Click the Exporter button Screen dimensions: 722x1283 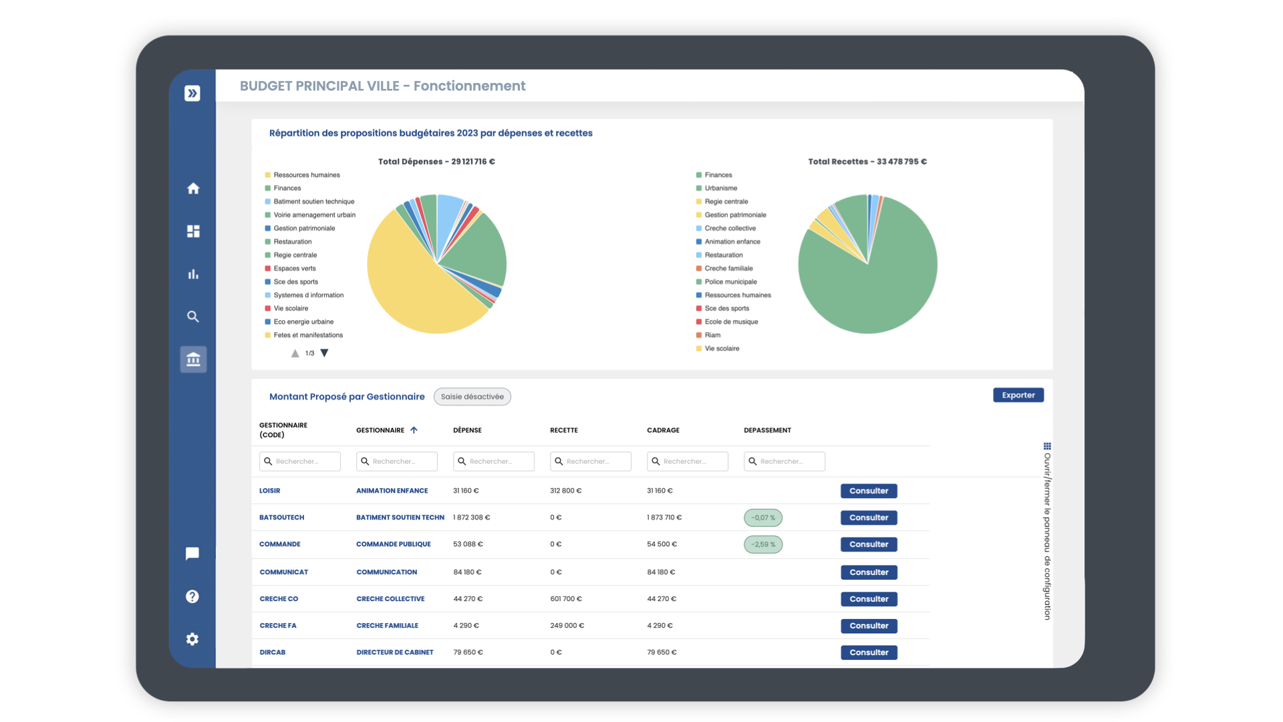[x=1018, y=395]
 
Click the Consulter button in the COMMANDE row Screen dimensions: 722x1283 [x=868, y=544]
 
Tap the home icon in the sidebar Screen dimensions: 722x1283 [x=193, y=189]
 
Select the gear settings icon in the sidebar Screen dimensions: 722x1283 [x=192, y=639]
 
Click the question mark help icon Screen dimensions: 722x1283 [x=192, y=596]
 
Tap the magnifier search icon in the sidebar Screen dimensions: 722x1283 [x=193, y=317]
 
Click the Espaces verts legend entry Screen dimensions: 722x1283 [x=294, y=268]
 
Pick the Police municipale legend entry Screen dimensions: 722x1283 [x=730, y=281]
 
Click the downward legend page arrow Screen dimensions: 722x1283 [x=324, y=353]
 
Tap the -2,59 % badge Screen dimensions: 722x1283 [x=762, y=544]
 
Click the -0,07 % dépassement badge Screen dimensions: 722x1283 [x=762, y=517]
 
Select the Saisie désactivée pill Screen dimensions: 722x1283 [x=472, y=396]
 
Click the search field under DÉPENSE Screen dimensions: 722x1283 [x=493, y=461]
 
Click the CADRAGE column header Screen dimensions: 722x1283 [x=663, y=430]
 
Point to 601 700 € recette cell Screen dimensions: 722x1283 [x=565, y=599]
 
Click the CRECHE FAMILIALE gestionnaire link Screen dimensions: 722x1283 [x=387, y=626]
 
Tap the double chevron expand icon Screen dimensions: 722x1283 [x=192, y=94]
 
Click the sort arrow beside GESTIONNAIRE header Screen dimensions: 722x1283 [x=414, y=430]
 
